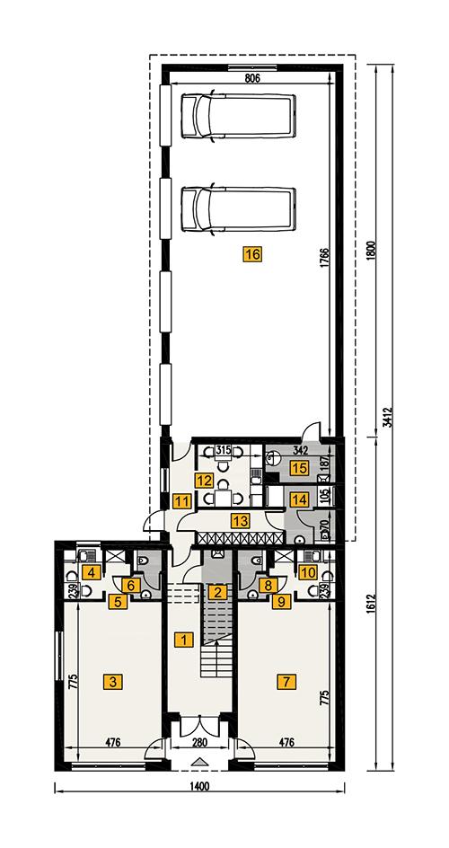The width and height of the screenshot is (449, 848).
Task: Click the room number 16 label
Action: pos(251,254)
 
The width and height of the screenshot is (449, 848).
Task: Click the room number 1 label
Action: pos(183,640)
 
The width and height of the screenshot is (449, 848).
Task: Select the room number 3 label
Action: pos(112,681)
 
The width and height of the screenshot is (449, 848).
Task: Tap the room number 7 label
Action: pos(285,681)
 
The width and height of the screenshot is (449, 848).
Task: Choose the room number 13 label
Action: pos(240,519)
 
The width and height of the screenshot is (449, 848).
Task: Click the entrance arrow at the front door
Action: pos(199,763)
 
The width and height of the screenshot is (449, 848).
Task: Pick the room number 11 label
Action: pos(183,500)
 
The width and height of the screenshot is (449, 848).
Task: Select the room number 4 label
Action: pos(90,571)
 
